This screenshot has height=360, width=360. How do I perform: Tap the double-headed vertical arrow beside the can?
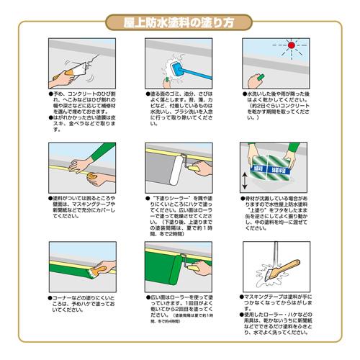coord(243,176)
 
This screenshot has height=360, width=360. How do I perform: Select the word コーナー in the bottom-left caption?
coord(59,296)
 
